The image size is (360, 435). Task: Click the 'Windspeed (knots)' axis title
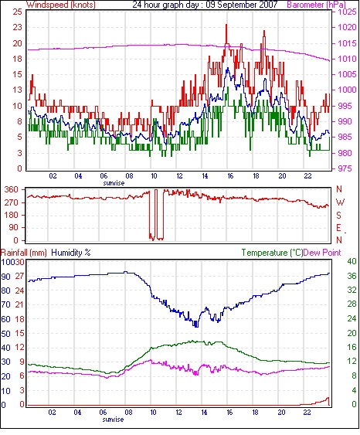(61, 5)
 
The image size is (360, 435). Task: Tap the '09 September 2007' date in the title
(242, 5)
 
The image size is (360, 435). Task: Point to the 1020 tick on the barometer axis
(347, 27)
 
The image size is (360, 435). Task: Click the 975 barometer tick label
(345, 168)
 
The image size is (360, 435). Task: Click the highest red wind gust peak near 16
(226, 25)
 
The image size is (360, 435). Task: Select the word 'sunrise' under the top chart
(114, 183)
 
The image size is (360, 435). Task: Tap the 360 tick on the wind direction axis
(12, 190)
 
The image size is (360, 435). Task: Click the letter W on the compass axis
(340, 202)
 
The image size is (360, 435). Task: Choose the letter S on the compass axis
(339, 215)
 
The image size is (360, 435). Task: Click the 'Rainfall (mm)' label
(24, 253)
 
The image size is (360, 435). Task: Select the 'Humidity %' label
(71, 253)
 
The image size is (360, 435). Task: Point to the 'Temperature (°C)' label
(272, 253)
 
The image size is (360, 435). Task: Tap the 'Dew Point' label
(322, 253)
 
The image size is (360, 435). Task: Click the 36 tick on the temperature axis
(352, 276)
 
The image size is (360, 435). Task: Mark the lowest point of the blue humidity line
(196, 327)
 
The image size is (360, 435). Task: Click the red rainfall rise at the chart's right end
(328, 399)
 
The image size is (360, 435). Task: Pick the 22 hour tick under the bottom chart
(307, 413)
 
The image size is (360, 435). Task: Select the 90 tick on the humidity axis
(5, 277)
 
